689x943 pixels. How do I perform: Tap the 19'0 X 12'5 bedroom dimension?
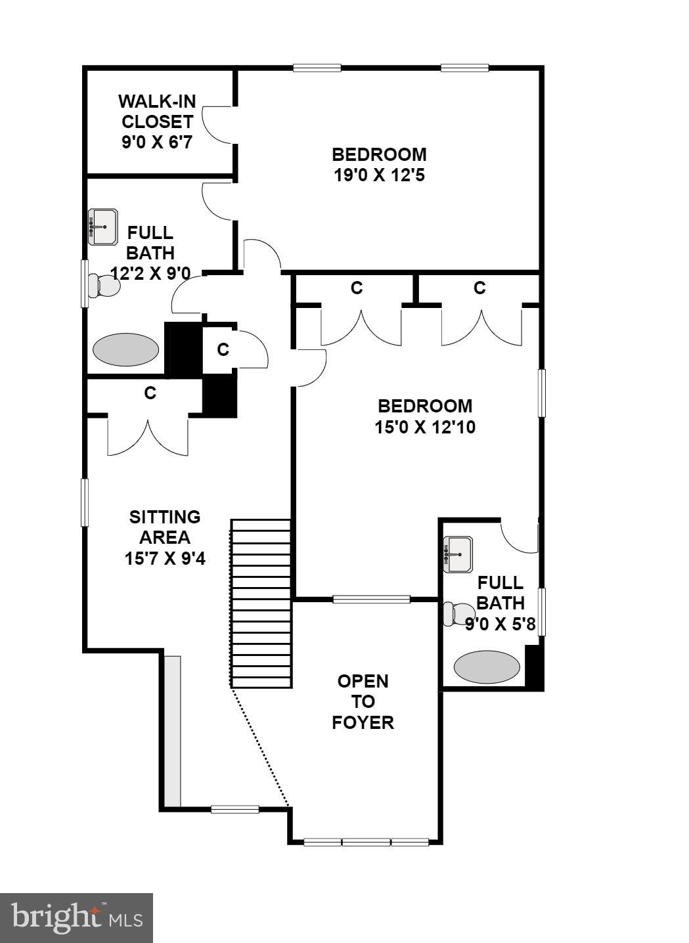coord(379,175)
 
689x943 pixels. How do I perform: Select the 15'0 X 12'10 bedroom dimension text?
coord(425,427)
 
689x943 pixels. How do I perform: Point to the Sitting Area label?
coord(165,527)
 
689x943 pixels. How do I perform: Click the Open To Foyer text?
coord(363,701)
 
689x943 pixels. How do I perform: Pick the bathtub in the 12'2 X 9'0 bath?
coord(125,349)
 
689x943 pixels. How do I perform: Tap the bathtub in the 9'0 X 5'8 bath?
coord(487,667)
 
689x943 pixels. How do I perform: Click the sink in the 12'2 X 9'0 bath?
coord(102,227)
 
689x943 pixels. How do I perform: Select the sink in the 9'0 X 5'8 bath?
coord(458,554)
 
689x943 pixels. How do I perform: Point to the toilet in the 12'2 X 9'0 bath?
coord(104,286)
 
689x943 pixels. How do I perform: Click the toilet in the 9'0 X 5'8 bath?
coord(457,614)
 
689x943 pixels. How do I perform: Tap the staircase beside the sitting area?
coord(261,603)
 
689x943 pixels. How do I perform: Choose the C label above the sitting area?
coord(150,393)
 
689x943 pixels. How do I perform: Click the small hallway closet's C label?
coord(223,349)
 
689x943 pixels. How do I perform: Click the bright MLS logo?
coord(76,917)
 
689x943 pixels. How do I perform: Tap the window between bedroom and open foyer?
coord(371,599)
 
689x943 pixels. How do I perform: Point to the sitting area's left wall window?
coord(84,502)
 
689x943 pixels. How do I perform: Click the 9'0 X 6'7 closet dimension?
coord(157,142)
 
